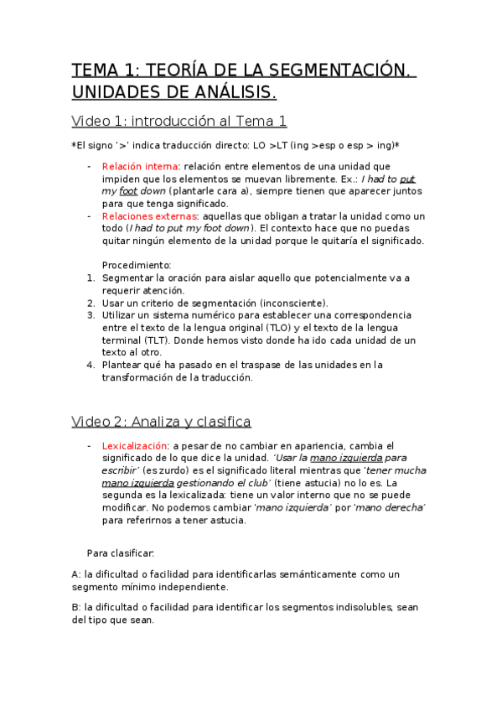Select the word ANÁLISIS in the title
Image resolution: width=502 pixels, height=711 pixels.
click(x=231, y=91)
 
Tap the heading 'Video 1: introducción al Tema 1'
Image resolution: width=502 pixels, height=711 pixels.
click(x=179, y=122)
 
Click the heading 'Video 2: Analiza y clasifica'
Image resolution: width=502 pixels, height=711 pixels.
click(x=161, y=421)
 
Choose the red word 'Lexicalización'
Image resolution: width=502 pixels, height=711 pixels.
click(x=134, y=446)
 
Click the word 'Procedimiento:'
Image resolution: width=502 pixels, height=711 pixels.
click(x=136, y=265)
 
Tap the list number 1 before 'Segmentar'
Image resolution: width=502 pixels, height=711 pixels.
click(x=91, y=278)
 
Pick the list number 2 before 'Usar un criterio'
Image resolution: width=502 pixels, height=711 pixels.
click(x=91, y=303)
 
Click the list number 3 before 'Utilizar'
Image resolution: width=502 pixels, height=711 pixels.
click(x=91, y=315)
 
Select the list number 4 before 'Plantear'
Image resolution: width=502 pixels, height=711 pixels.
click(x=91, y=365)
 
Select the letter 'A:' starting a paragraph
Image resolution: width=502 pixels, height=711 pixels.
click(x=77, y=574)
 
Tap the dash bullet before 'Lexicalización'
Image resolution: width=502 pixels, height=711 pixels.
click(x=90, y=446)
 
